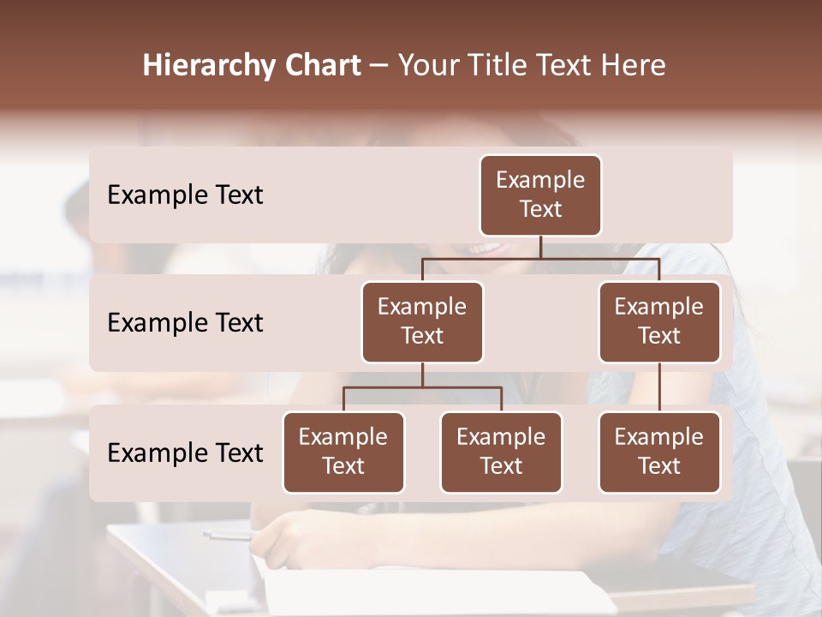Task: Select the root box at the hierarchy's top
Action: click(540, 195)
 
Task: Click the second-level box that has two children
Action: click(422, 321)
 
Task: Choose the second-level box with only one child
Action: click(659, 321)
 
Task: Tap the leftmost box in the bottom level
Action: click(343, 452)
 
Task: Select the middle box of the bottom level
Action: click(501, 452)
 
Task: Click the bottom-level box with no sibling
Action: click(659, 452)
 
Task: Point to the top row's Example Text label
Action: click(185, 195)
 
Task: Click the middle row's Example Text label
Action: click(185, 323)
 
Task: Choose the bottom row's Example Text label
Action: click(185, 453)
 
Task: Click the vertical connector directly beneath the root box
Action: click(540, 248)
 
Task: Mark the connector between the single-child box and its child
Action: click(659, 387)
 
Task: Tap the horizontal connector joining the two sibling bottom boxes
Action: click(422, 387)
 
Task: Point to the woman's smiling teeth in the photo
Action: click(486, 249)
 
